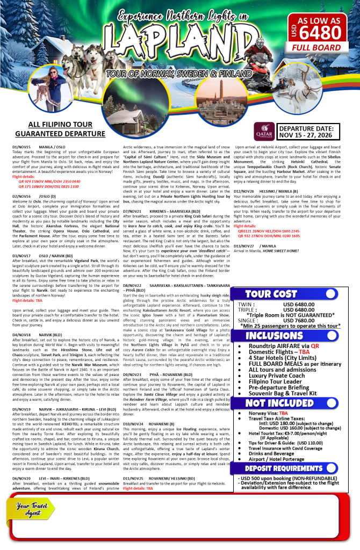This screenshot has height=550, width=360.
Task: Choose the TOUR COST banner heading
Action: (271, 294)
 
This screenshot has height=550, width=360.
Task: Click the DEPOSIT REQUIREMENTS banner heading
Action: (284, 468)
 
